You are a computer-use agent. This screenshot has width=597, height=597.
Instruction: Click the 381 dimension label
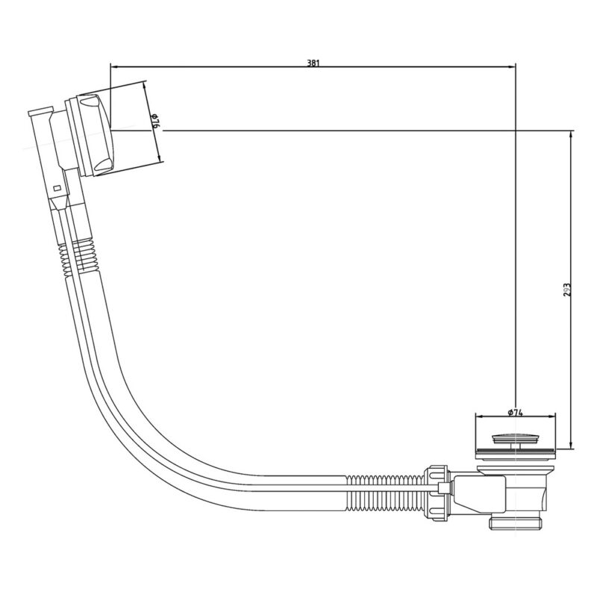(x=313, y=63)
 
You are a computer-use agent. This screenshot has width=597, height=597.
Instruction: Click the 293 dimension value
(x=567, y=290)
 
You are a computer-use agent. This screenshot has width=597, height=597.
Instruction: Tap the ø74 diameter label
(x=515, y=413)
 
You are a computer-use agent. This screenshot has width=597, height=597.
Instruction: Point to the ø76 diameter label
(x=154, y=120)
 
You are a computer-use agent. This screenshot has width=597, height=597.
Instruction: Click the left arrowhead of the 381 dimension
(x=114, y=67)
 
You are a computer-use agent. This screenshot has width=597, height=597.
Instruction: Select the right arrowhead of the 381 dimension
(x=512, y=67)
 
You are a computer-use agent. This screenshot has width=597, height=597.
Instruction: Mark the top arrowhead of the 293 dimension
(x=570, y=134)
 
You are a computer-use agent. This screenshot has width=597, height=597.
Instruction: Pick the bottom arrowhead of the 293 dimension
(x=570, y=446)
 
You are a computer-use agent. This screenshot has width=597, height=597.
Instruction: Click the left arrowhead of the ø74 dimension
(x=479, y=417)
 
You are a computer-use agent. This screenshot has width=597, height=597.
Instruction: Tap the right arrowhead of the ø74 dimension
(x=551, y=417)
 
